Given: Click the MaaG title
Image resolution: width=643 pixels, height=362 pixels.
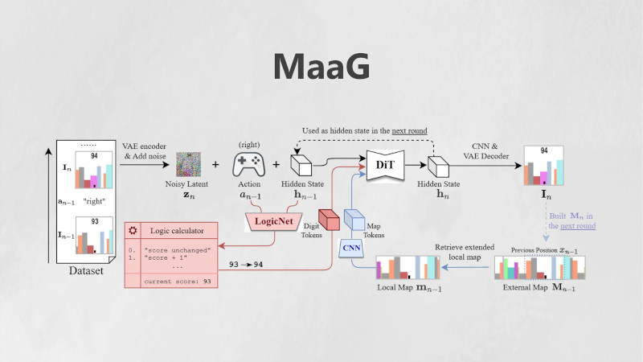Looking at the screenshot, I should (321, 66).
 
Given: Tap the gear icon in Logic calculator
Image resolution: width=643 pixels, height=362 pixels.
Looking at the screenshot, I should (133, 230).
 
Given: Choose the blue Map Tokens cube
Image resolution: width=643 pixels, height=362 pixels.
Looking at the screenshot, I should (354, 220).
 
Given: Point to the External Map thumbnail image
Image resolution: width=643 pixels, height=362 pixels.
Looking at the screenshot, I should (539, 269).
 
